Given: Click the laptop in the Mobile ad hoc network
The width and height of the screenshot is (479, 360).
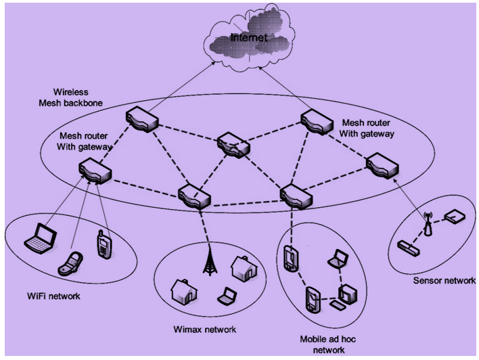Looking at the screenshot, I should [x=337, y=259].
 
